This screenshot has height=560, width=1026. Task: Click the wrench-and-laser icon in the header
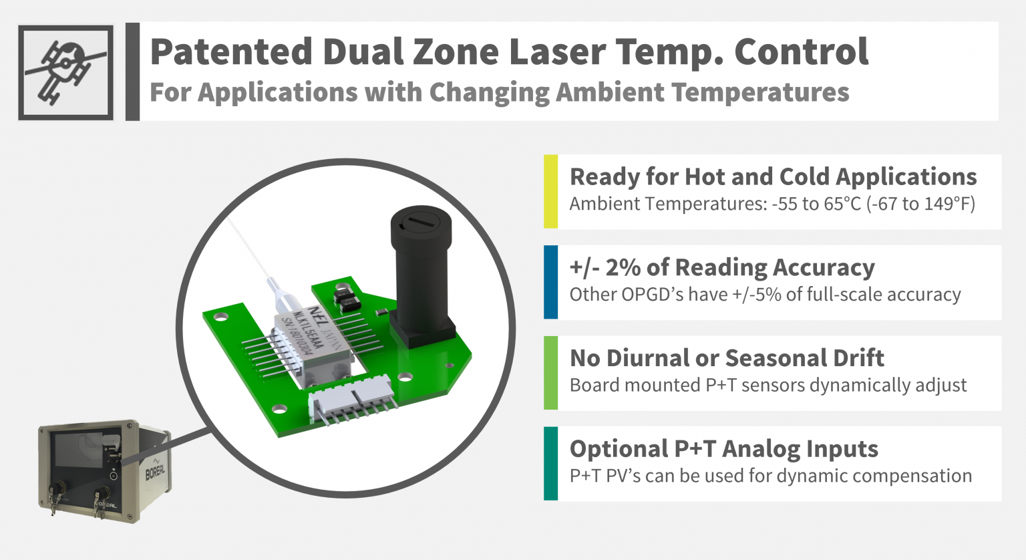coord(65,72)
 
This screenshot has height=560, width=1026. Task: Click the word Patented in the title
coord(231,51)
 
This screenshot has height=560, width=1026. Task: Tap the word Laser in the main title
coord(557,51)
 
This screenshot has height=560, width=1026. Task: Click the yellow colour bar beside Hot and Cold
coord(550,192)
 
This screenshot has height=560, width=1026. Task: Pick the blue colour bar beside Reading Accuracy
coord(550,282)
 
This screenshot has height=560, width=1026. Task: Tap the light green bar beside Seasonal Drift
coord(550,373)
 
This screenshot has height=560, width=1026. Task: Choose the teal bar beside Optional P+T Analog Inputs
coord(550,463)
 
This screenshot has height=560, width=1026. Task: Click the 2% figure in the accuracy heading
coord(623,267)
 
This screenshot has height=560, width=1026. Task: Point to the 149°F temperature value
coord(949,203)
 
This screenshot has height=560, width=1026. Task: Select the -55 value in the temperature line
coord(785,203)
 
